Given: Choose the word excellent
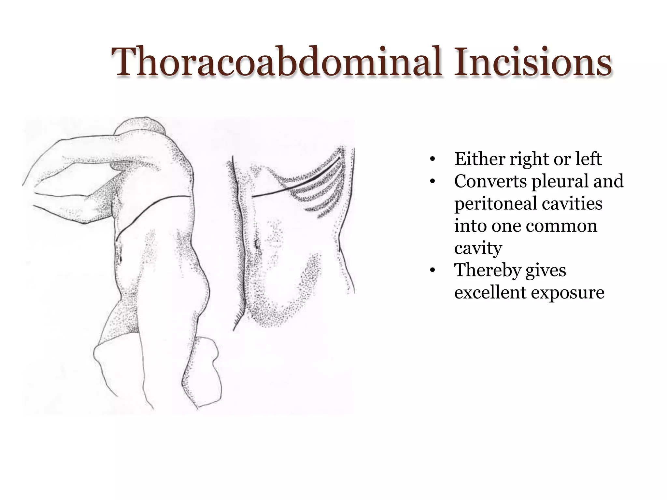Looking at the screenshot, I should (490, 292).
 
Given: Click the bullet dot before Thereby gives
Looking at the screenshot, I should (432, 271).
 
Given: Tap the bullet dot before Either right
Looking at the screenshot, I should (432, 160).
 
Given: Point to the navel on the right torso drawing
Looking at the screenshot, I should (257, 243).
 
